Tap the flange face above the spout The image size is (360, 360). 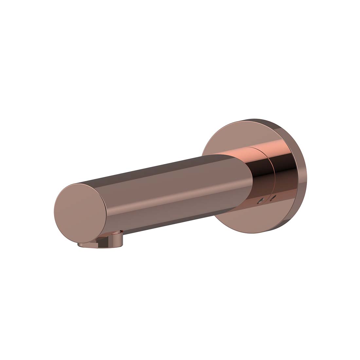226,137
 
